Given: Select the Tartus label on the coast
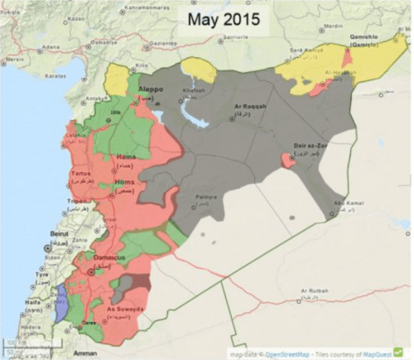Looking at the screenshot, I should [x=81, y=174].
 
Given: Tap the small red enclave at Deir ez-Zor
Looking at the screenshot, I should [x=287, y=158].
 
